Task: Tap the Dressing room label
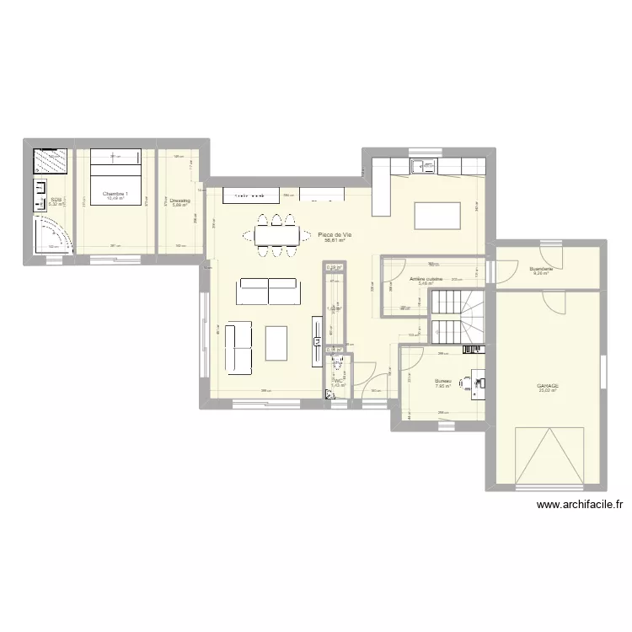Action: tap(179, 201)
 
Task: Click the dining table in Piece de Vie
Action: tap(276, 235)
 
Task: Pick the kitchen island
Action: tap(437, 216)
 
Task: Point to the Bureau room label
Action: tap(443, 381)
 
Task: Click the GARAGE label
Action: tap(548, 386)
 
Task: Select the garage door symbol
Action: tap(548, 455)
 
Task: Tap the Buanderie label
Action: tap(541, 270)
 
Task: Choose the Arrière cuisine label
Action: tap(426, 278)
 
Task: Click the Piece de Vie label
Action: tap(335, 234)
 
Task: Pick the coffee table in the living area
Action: tap(276, 344)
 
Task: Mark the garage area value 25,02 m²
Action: tap(548, 391)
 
